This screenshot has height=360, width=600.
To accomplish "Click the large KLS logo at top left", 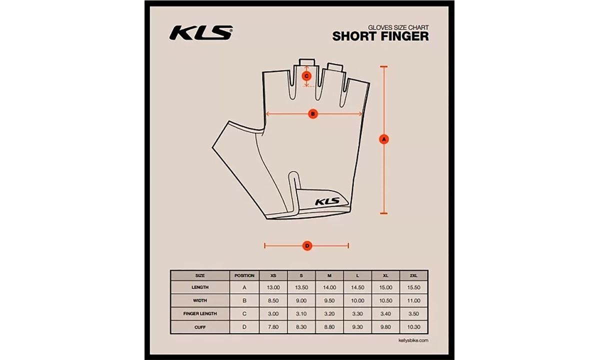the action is pos(201,32).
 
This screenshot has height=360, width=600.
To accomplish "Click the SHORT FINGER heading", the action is pos(380,36).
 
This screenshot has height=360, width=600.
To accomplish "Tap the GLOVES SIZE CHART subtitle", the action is pos(398,27).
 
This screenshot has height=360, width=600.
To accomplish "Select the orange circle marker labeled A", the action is pos(384,139).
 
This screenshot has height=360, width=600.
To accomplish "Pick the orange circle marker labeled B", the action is pos(313,114).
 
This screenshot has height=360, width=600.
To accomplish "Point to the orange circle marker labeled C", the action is pos(306,76).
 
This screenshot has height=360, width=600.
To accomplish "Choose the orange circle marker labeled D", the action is pos(307,245).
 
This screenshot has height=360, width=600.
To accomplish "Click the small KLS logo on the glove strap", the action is pos(327,201).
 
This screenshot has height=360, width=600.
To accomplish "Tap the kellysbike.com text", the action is pos(413,340).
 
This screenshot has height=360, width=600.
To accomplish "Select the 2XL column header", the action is pos(413,275).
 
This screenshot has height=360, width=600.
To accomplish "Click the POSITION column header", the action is pos(244,275).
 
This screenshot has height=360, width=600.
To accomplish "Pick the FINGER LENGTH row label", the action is pos(200,313).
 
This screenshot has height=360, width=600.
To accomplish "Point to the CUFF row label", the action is pos(200,327).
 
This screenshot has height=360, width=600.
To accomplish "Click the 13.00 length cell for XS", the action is pos(273,287).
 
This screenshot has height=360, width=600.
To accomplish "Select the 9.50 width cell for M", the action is pos(329,300).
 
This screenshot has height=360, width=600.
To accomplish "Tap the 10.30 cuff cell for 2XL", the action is pos(413,327).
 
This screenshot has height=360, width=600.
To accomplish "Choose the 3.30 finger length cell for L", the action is pos(357,313).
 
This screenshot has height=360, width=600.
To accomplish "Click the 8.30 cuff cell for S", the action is pos(301,327).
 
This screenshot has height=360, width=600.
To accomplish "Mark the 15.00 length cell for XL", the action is pos(385,287).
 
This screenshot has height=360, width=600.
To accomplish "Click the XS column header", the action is pos(273,275).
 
